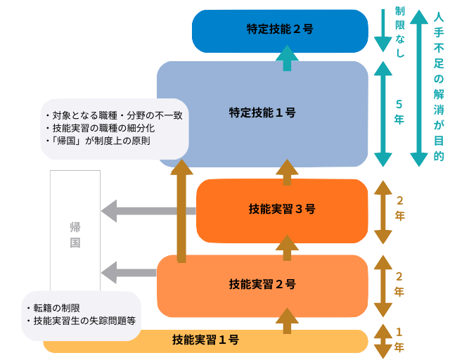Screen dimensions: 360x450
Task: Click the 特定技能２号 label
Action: [x=280, y=30]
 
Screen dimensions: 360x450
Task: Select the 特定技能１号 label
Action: [x=262, y=112]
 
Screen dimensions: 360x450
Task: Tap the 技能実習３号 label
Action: [x=282, y=209]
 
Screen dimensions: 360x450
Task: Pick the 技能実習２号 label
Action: [x=262, y=284]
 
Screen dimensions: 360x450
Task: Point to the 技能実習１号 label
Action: [x=205, y=340]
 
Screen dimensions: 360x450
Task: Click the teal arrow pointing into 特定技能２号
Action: [x=286, y=58]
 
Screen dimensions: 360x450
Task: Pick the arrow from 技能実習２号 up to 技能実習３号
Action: [x=287, y=247]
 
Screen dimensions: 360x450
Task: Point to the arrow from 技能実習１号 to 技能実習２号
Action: [x=287, y=321]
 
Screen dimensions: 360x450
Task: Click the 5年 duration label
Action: [x=399, y=112]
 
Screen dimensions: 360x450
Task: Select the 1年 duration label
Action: [x=399, y=339]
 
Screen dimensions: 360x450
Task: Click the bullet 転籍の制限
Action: [x=57, y=308]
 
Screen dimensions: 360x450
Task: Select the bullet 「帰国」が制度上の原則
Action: [x=101, y=141]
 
